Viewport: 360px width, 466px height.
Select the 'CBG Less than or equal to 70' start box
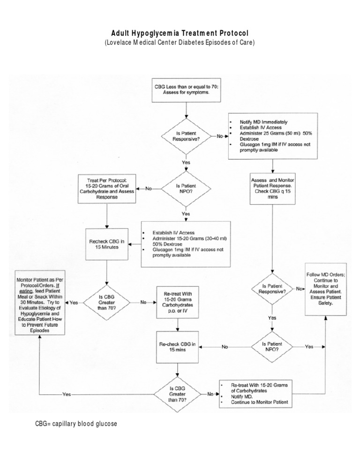(x=187, y=89)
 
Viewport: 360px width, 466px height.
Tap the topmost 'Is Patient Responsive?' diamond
(x=187, y=136)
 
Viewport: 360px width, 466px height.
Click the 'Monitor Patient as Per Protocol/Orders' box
(x=39, y=302)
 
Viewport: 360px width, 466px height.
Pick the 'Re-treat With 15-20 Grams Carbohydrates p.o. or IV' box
(x=179, y=302)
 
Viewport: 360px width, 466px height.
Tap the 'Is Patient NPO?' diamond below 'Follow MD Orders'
(x=272, y=347)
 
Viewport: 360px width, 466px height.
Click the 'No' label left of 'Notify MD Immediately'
(x=219, y=136)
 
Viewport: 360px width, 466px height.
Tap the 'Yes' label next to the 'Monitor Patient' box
(x=74, y=303)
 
